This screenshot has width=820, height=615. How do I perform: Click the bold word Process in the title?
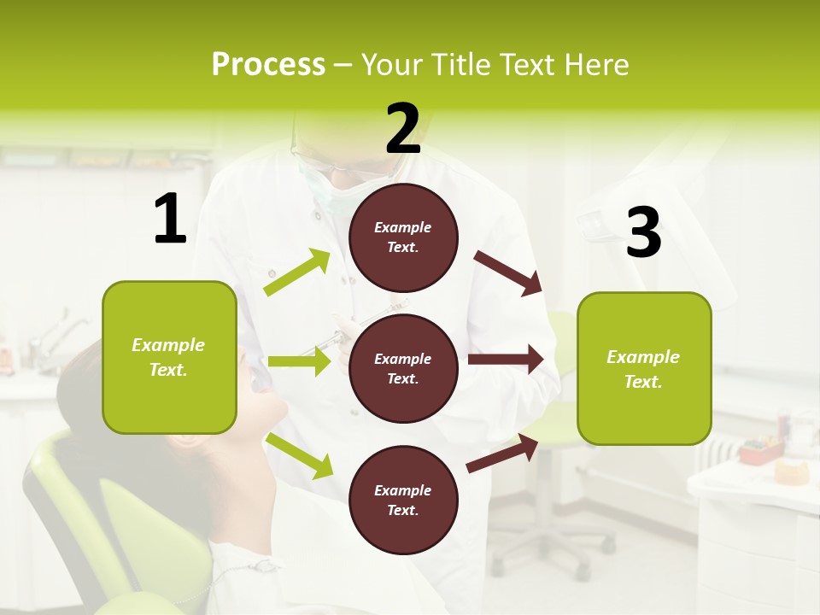tap(268, 65)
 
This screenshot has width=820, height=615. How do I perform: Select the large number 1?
tap(170, 220)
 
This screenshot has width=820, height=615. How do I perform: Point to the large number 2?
tap(403, 129)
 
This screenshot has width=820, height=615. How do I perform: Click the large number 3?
tap(643, 233)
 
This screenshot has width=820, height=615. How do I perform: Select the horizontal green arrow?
tap(299, 361)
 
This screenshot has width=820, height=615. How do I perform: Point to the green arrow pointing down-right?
tap(300, 455)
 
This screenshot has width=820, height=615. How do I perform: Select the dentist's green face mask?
tap(325, 192)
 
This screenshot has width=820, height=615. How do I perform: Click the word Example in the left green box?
tap(168, 345)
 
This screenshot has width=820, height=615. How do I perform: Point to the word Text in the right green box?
tap(642, 382)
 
